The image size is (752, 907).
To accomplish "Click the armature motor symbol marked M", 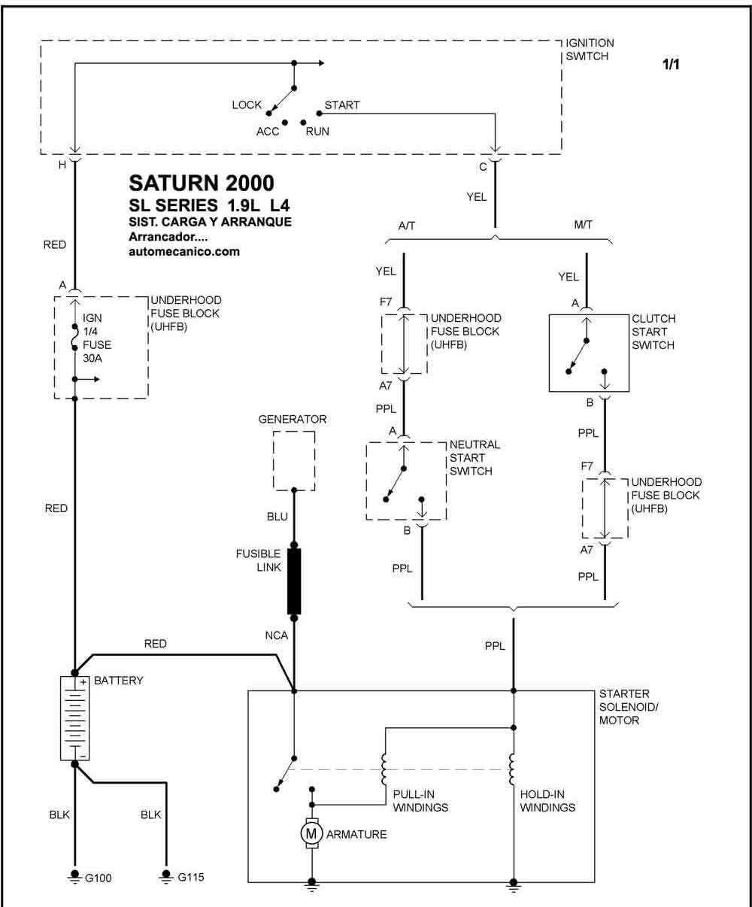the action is click(311, 833).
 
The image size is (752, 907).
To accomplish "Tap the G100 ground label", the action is click(99, 878).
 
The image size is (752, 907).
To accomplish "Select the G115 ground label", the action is click(191, 877).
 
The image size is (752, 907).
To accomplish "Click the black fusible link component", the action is click(294, 581).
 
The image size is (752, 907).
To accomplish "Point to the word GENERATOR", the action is click(293, 419).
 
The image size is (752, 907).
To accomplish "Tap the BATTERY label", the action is click(119, 680).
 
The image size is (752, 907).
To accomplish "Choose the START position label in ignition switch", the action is click(342, 105).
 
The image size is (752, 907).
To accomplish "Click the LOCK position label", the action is click(247, 105).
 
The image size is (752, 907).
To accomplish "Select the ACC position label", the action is click(268, 131).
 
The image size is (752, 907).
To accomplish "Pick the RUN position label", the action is click(317, 131).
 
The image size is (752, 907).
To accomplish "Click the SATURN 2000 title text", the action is click(202, 183).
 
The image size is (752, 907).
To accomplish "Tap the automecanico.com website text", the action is click(184, 251).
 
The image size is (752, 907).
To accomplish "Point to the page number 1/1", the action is click(671, 64).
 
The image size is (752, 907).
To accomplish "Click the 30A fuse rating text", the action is click(92, 359).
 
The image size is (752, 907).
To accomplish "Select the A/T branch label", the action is click(407, 226).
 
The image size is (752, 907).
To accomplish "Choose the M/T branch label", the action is click(583, 225).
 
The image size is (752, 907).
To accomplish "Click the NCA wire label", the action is click(277, 636).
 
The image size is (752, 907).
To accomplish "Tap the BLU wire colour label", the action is click(277, 517).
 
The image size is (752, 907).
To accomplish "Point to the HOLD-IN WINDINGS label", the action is click(547, 800).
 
